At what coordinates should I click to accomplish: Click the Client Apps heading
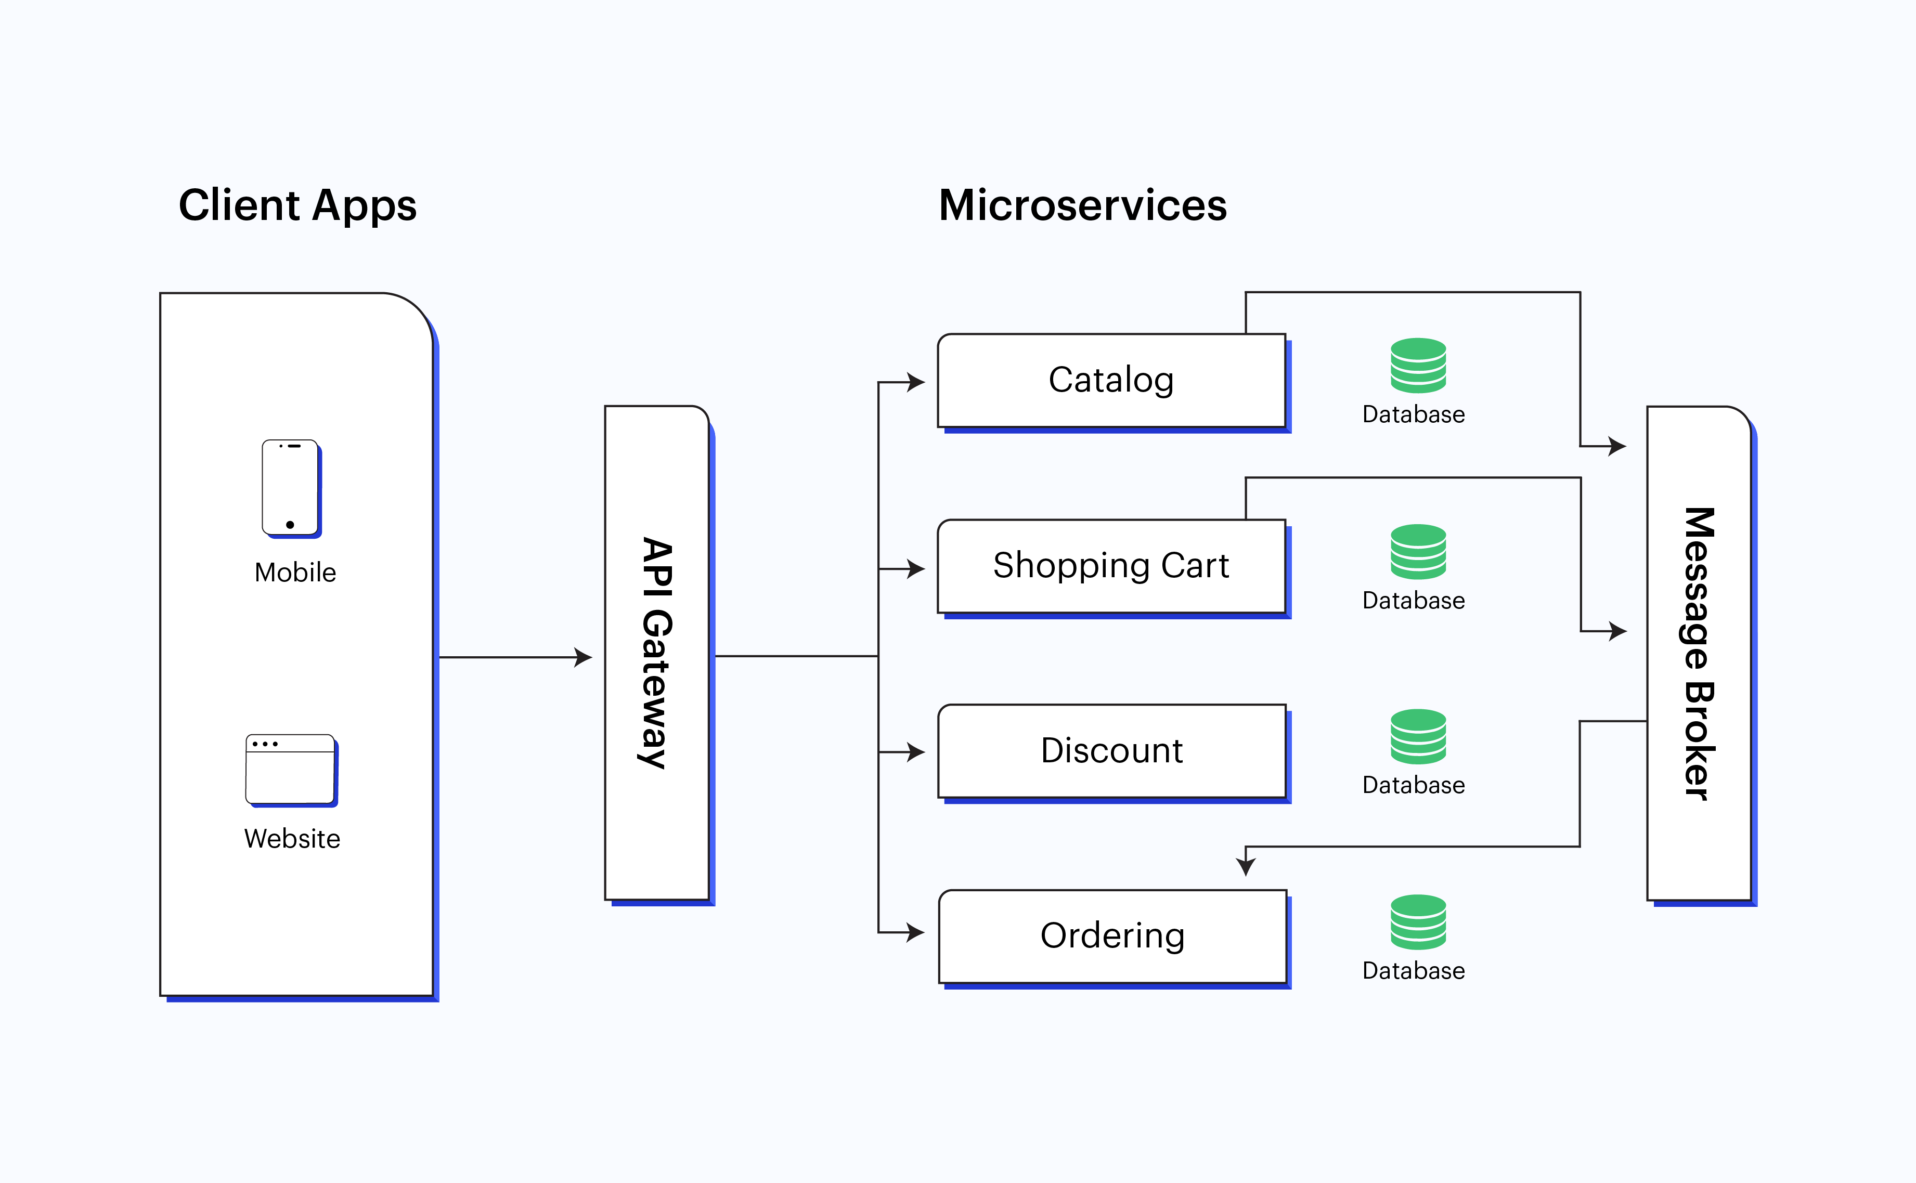point(297,206)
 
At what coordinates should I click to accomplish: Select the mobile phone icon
point(290,488)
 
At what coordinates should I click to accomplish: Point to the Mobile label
point(295,573)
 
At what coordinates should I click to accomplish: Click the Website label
point(292,839)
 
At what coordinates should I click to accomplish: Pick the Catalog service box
point(1111,380)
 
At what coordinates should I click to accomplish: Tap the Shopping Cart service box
point(1111,566)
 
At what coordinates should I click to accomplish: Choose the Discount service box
point(1111,751)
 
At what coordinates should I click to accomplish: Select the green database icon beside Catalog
point(1418,366)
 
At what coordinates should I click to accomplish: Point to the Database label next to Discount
point(1413,785)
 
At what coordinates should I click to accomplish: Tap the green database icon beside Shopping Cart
point(1418,552)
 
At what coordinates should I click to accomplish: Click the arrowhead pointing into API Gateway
point(583,657)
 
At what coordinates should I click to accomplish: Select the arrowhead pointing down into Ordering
point(1246,866)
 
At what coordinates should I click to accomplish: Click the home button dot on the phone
point(290,525)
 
